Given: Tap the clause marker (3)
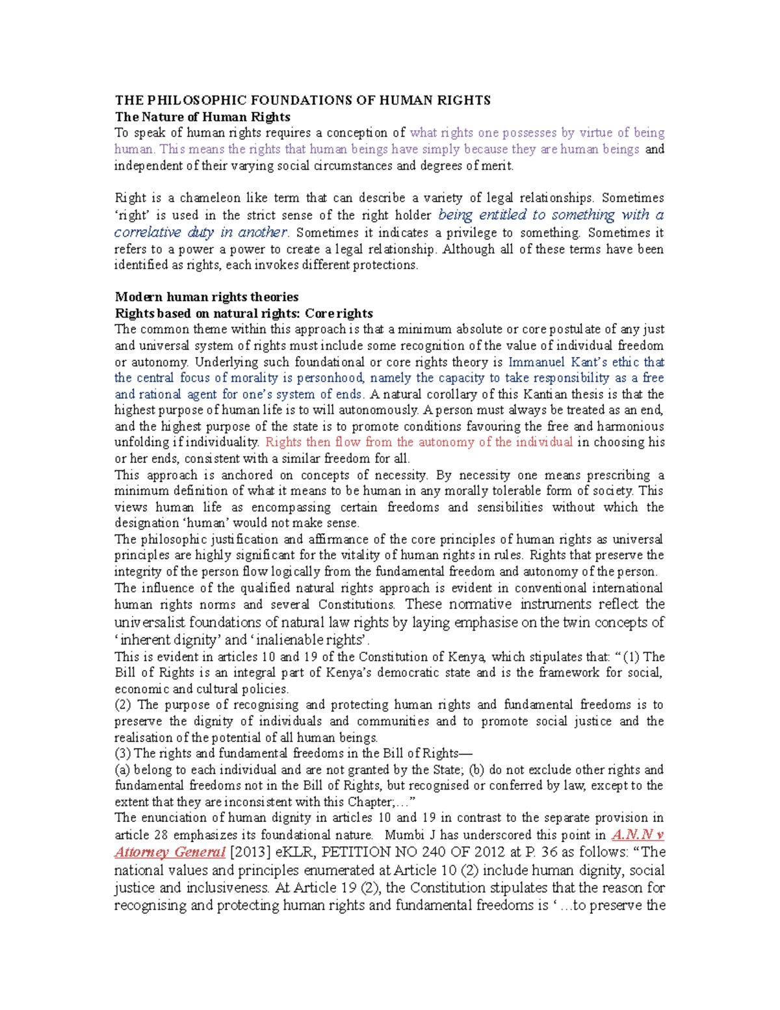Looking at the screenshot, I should point(123,754).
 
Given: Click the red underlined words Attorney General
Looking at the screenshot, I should point(170,852).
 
